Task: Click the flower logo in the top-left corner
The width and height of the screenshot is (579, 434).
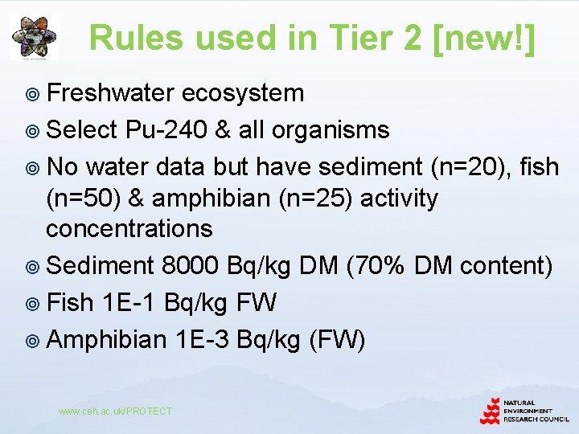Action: (34, 37)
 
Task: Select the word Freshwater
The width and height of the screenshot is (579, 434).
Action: (110, 93)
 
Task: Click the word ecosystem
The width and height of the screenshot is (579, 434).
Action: (242, 93)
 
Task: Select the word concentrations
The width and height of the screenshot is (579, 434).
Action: (129, 228)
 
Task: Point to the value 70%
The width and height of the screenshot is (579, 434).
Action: (376, 264)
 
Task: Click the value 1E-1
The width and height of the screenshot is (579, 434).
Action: (130, 302)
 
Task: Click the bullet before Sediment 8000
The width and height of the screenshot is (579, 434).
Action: (34, 266)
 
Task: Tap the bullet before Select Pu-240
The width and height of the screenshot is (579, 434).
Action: (34, 131)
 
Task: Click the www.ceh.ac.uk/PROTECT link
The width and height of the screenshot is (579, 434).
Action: (115, 411)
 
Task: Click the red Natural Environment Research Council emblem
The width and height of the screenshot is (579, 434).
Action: (491, 411)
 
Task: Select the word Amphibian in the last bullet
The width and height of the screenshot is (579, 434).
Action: (106, 340)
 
